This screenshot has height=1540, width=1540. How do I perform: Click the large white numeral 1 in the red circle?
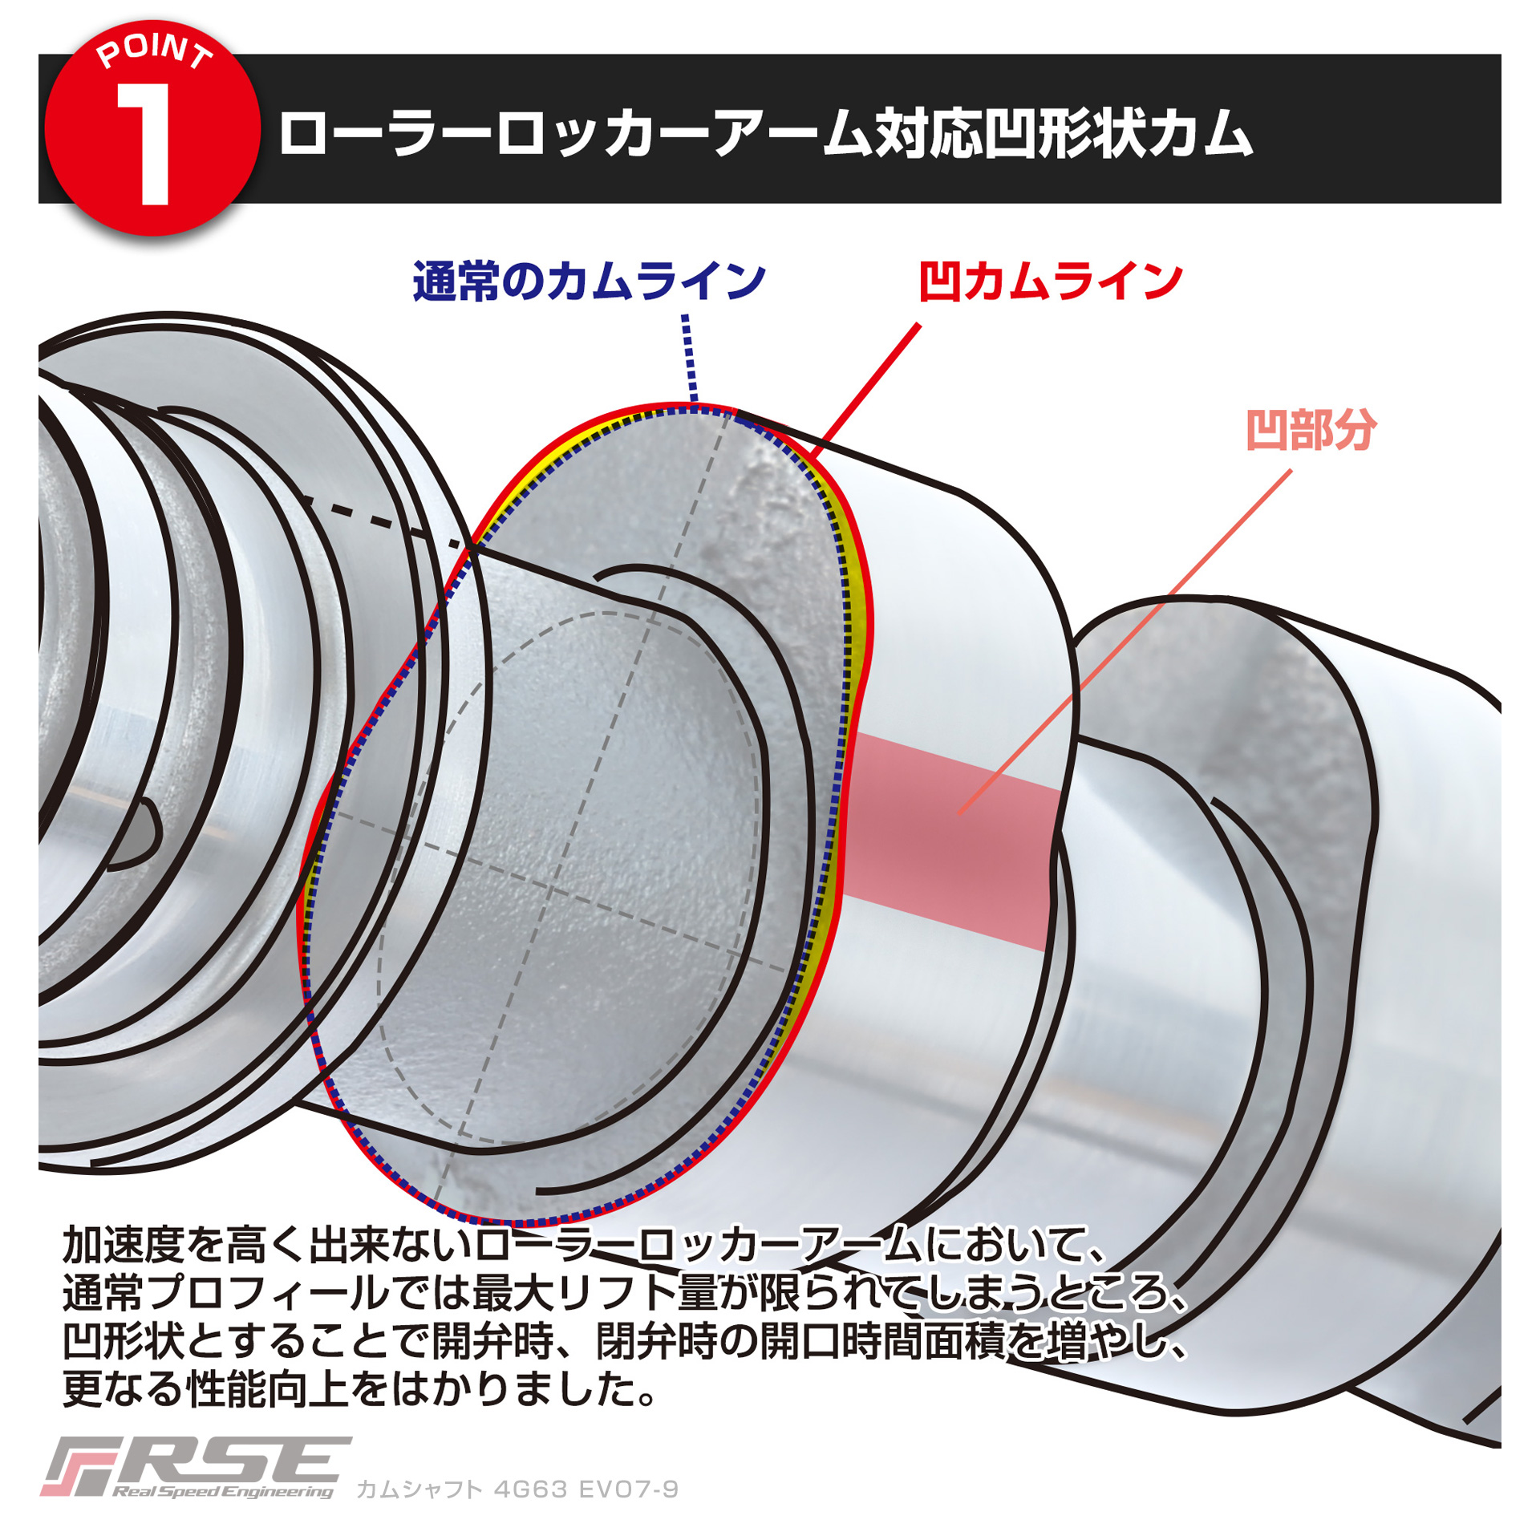tap(146, 144)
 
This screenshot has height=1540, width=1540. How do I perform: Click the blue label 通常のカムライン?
tap(589, 282)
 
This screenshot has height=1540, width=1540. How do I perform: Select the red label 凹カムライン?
tap(1050, 282)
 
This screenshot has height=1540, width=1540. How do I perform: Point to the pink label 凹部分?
tap(1311, 430)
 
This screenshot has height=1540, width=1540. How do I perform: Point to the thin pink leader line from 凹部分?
tap(1125, 642)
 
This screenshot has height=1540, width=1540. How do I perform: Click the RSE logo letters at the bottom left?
tap(197, 1461)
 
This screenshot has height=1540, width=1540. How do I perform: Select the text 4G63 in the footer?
tap(530, 1489)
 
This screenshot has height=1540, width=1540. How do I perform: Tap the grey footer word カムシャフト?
tap(419, 1489)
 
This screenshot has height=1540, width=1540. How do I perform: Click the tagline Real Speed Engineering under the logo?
tap(222, 1492)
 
